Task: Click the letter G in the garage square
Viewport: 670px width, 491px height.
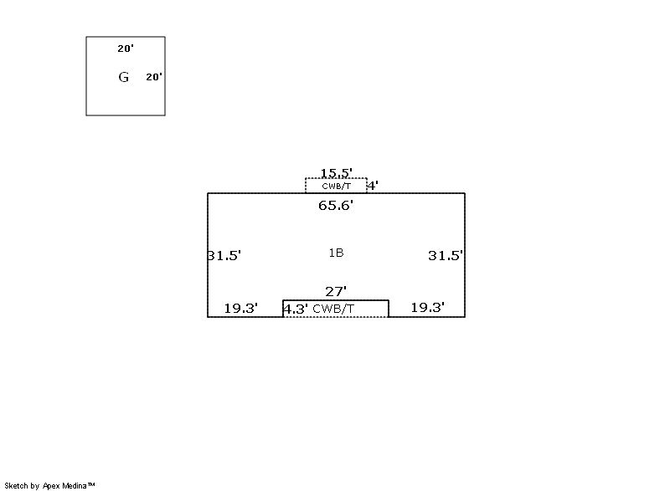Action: [123, 77]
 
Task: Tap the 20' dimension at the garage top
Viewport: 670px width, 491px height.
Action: [126, 49]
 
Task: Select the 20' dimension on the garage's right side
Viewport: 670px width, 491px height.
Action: [154, 77]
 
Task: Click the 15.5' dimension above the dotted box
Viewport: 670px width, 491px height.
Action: [337, 173]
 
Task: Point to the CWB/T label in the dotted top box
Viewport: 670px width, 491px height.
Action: [337, 186]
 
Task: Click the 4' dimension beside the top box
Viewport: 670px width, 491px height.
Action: [373, 186]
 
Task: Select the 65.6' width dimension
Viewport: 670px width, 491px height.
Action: [336, 206]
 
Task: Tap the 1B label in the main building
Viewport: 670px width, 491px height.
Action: [337, 253]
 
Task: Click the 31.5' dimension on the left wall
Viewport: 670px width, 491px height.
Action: [224, 255]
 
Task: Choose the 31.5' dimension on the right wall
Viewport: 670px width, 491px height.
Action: [446, 255]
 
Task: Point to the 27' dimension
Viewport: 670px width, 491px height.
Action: [336, 291]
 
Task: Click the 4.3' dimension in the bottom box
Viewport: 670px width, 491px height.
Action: [296, 309]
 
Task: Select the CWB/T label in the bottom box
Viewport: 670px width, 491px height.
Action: [333, 309]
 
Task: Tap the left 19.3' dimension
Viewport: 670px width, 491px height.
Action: [241, 308]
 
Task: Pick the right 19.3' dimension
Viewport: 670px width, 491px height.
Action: [428, 307]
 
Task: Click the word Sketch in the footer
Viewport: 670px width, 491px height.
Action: [17, 485]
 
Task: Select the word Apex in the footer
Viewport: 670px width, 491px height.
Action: [51, 486]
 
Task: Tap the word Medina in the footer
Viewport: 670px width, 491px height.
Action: [75, 485]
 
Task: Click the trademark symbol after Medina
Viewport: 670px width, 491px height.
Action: [91, 484]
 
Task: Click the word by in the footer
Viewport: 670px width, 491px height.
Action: [35, 486]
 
